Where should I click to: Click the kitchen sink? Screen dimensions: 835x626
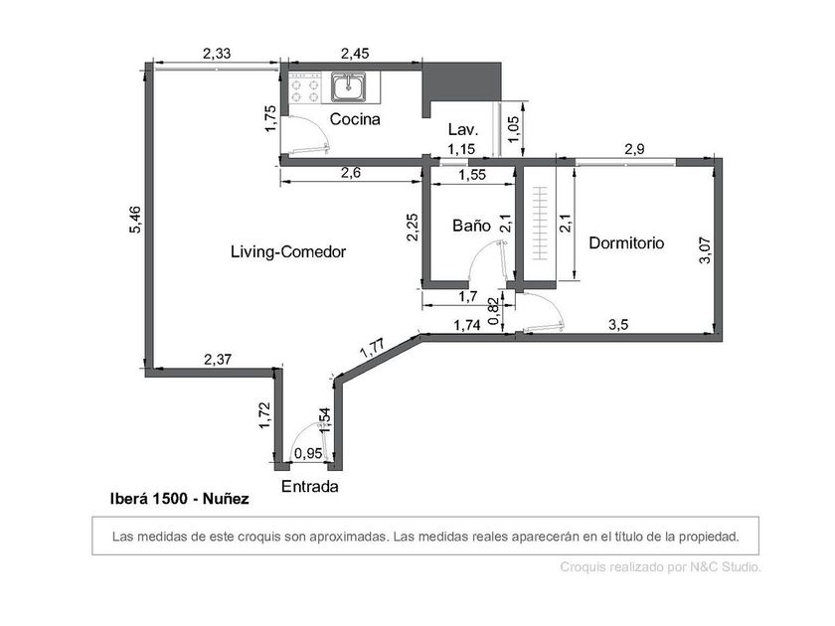click(x=349, y=87)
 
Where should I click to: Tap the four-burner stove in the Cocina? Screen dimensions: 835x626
click(x=305, y=87)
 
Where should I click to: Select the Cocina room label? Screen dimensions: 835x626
click(x=355, y=119)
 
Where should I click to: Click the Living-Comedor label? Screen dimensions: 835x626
click(x=288, y=251)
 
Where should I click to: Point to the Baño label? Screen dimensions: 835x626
click(x=471, y=226)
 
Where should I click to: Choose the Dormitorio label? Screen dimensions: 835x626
click(x=626, y=243)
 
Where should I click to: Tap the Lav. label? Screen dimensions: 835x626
click(x=463, y=129)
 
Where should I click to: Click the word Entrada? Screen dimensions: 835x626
click(x=309, y=487)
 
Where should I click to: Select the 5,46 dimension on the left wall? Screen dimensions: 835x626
click(x=135, y=220)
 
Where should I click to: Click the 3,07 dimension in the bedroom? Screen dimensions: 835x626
click(x=705, y=250)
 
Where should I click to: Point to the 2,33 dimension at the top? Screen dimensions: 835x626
click(x=217, y=54)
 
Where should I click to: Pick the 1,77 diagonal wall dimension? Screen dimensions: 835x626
click(x=372, y=348)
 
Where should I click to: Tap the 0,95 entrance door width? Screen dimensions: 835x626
click(x=308, y=453)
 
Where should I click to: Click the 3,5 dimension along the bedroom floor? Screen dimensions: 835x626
click(x=618, y=324)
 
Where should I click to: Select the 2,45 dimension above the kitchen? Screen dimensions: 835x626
click(x=355, y=54)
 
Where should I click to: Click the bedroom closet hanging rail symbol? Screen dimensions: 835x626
click(x=540, y=223)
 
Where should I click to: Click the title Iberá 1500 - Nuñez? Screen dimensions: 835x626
click(x=180, y=499)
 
